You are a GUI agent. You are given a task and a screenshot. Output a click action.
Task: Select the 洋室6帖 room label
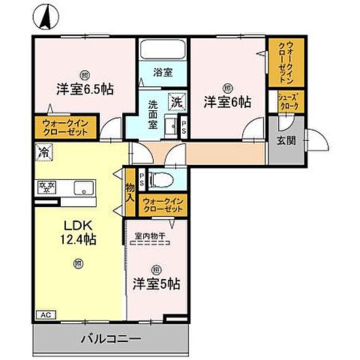point(226,101)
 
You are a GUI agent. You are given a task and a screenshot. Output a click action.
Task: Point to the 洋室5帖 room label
point(156,283)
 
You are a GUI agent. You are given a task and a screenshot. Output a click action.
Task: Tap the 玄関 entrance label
point(285,140)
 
